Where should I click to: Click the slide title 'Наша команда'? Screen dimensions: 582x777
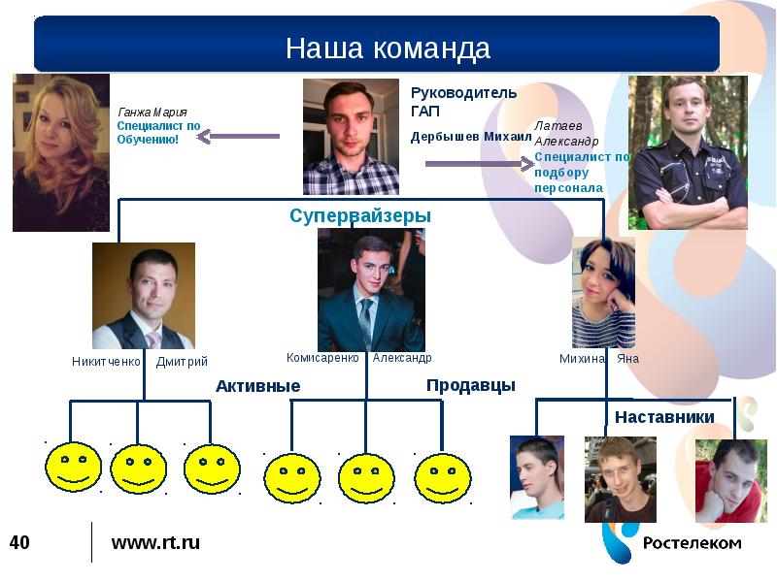[x=388, y=48]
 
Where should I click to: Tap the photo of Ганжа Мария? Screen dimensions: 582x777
[x=60, y=152]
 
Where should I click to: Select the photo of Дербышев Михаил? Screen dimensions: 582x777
[x=351, y=137]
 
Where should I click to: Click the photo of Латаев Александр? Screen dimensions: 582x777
[x=688, y=152]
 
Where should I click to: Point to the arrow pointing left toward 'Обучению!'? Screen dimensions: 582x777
[x=237, y=137]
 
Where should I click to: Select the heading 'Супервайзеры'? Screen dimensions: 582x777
[x=359, y=215]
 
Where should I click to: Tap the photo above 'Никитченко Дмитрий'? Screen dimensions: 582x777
[x=144, y=295]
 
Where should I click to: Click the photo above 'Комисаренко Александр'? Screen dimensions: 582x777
[x=370, y=290]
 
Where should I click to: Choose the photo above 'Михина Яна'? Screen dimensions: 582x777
[x=603, y=292]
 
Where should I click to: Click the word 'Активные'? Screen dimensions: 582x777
[x=257, y=386]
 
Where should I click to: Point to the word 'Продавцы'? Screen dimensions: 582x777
[x=470, y=385]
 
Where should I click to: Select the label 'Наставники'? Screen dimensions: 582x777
[x=664, y=417]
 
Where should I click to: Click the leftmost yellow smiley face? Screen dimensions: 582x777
[x=73, y=468]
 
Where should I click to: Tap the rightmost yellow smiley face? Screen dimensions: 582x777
[x=443, y=478]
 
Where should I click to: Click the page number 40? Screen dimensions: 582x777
[x=19, y=542]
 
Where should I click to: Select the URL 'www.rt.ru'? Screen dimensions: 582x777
[x=155, y=542]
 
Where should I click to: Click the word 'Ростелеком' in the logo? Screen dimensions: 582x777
[x=692, y=543]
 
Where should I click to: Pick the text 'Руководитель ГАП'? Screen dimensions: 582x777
[x=463, y=101]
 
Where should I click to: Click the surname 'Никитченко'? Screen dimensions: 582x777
[x=106, y=362]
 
